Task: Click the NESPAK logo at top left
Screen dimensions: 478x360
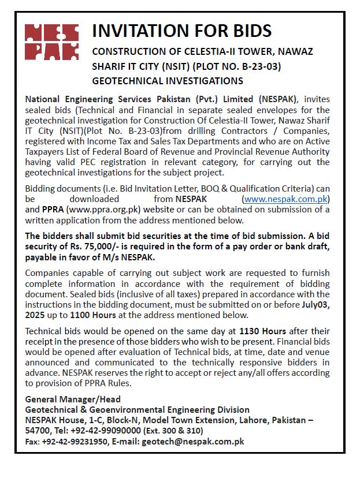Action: (52, 42)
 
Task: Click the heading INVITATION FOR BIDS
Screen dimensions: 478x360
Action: (181, 31)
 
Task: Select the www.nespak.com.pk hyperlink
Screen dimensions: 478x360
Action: (287, 199)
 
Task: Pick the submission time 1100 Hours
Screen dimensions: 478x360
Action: (93, 315)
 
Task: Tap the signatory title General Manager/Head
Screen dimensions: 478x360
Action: (73, 399)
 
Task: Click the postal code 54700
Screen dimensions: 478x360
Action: (38, 431)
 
